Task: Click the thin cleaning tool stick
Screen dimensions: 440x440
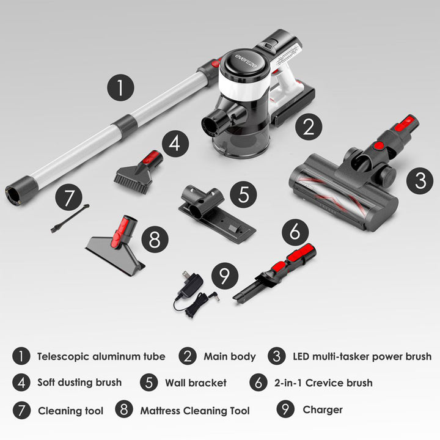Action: pyautogui.click(x=70, y=218)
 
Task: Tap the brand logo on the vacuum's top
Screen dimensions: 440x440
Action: pyautogui.click(x=246, y=61)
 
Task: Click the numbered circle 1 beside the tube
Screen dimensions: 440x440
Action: pyautogui.click(x=120, y=87)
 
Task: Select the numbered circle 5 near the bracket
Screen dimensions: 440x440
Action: pyautogui.click(x=243, y=194)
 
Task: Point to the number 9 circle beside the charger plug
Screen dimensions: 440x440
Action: pyautogui.click(x=225, y=276)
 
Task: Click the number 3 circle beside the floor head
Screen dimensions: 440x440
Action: pyautogui.click(x=420, y=181)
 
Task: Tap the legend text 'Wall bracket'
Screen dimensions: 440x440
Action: pyautogui.click(x=196, y=383)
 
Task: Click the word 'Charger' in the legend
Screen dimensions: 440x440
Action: pyautogui.click(x=323, y=409)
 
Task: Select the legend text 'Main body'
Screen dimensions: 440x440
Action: pyautogui.click(x=230, y=357)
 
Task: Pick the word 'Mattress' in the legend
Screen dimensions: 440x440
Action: pyautogui.click(x=160, y=411)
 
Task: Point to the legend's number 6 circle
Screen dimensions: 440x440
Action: pyautogui.click(x=258, y=382)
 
